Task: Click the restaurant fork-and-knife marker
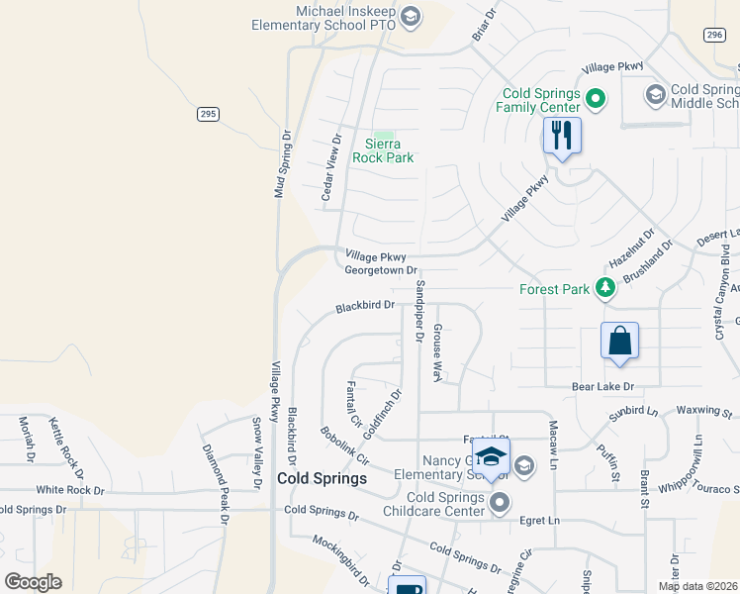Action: click(562, 135)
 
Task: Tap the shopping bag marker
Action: click(619, 341)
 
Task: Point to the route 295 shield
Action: click(207, 114)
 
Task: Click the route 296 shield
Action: click(714, 35)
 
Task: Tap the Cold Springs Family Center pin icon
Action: click(595, 98)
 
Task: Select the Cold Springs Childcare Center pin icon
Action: click(500, 503)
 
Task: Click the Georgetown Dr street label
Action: click(381, 270)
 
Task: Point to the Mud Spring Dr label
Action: click(281, 164)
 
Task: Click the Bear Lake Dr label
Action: click(601, 386)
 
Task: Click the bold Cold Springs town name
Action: click(323, 478)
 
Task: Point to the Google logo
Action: click(33, 581)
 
